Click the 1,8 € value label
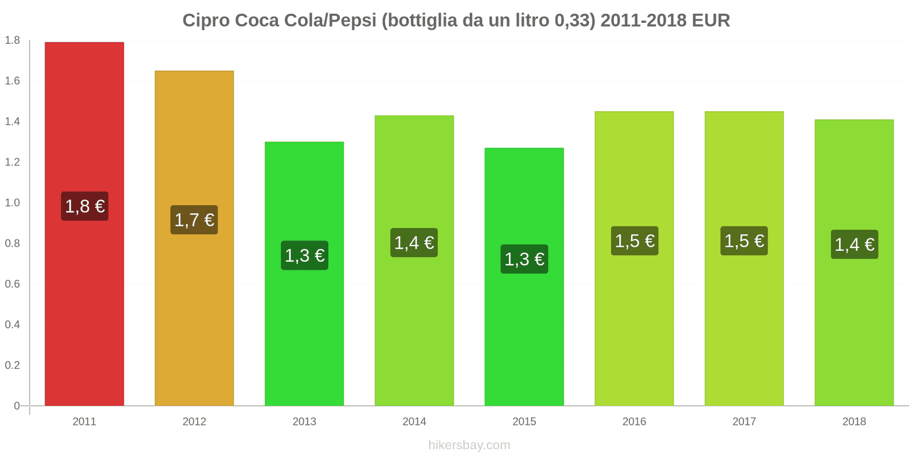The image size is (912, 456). [84, 206]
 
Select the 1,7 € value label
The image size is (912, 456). [194, 220]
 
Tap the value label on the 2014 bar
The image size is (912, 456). [414, 243]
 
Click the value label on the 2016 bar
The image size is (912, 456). [634, 241]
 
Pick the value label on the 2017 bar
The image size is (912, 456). [744, 241]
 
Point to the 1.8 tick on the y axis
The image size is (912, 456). [13, 40]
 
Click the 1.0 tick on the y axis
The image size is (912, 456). [13, 203]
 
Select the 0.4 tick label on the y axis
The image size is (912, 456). [13, 325]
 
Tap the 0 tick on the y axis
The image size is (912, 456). [17, 406]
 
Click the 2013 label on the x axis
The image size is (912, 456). [304, 422]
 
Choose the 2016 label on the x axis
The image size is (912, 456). [634, 422]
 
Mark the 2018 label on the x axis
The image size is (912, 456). [854, 422]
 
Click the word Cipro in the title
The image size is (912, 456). [206, 21]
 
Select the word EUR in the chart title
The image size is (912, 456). [711, 21]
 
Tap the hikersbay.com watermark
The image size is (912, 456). [469, 445]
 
